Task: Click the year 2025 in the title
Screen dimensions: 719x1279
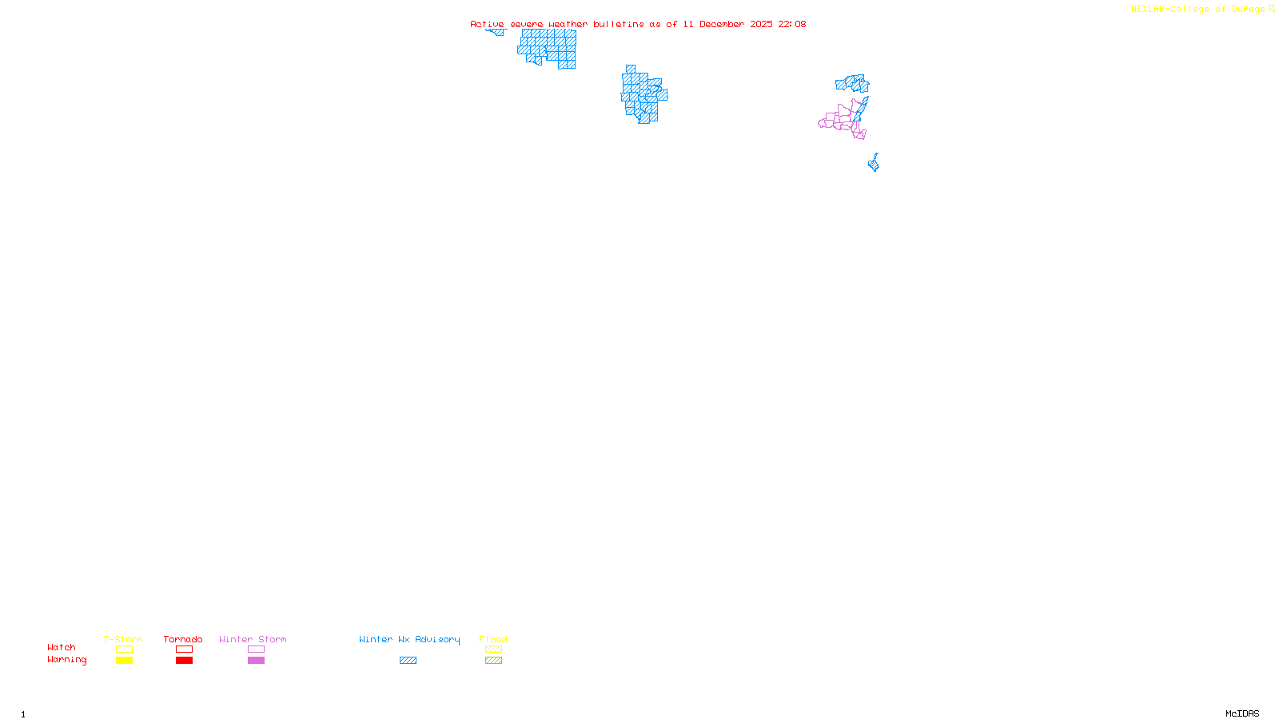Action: click(761, 24)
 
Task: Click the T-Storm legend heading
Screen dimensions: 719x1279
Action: click(123, 639)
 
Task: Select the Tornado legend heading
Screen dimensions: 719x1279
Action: click(183, 639)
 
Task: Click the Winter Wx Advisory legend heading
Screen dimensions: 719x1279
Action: click(409, 639)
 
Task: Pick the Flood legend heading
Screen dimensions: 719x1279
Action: click(493, 639)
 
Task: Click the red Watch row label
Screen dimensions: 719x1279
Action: click(62, 647)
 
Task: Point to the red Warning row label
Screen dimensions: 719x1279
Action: click(67, 660)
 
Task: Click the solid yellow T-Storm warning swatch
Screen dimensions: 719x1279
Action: click(124, 661)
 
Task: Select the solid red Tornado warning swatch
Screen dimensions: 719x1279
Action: click(185, 661)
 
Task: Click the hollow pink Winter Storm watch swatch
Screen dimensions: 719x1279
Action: click(256, 649)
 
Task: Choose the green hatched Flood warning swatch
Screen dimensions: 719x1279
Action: click(493, 661)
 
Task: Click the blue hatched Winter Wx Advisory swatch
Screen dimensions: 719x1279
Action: click(408, 661)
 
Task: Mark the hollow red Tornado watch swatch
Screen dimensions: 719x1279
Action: click(185, 649)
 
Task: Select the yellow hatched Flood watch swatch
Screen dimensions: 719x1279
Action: click(493, 649)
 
